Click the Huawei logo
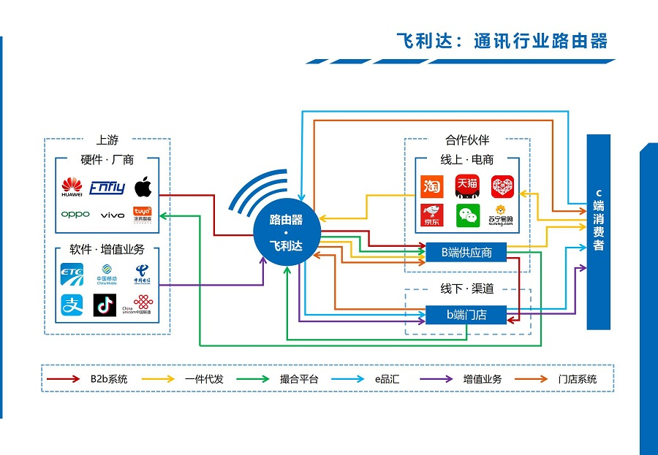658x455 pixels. coord(72,187)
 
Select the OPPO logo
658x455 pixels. coord(75,215)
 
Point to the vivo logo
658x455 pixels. coord(112,215)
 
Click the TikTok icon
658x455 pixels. coord(105,305)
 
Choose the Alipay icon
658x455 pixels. coord(72,305)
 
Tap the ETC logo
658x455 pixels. coord(72,275)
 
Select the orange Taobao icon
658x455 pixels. coord(431,187)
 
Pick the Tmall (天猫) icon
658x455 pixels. coord(467,187)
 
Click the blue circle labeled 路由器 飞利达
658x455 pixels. coord(286,232)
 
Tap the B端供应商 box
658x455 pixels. coord(466,253)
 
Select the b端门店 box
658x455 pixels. coord(466,316)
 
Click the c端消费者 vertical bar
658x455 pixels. coord(598,232)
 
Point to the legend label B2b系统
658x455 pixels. coord(109,379)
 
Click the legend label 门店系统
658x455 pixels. coord(577,379)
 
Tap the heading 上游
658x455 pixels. coord(107,140)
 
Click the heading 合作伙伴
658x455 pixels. coord(466,140)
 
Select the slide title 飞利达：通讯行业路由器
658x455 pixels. coord(502,41)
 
